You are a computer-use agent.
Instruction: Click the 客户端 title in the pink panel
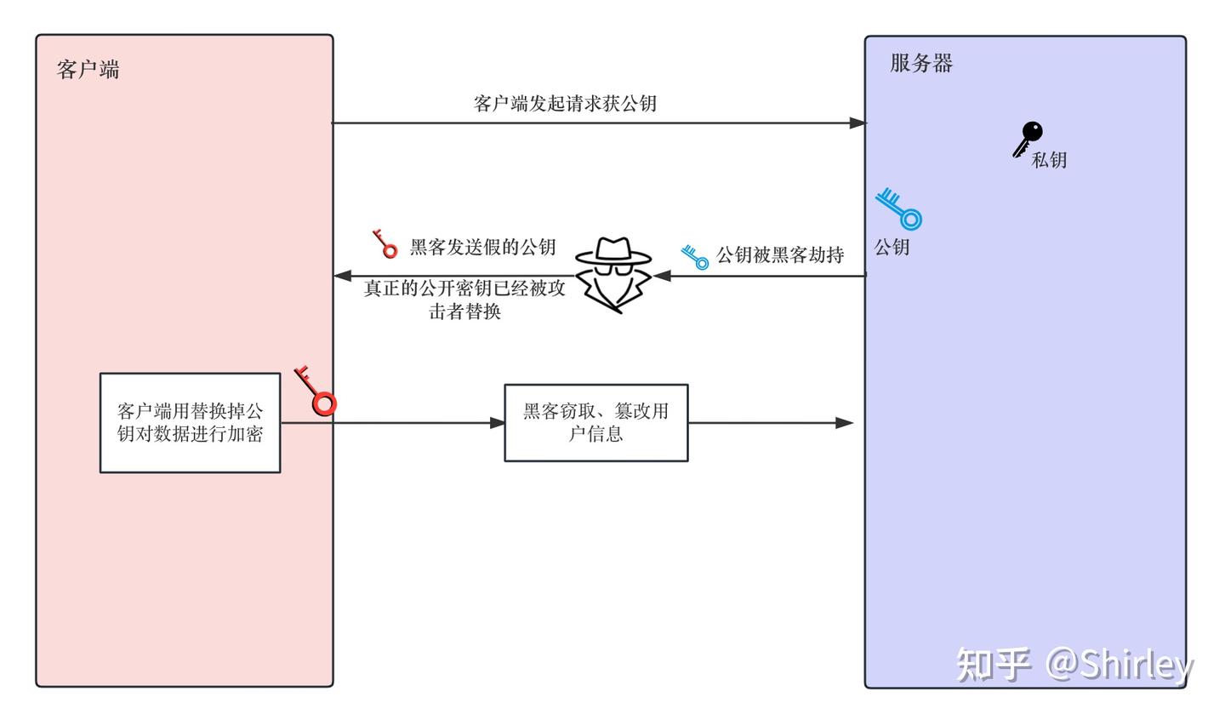(x=88, y=69)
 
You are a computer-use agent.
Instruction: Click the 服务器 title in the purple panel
(x=921, y=63)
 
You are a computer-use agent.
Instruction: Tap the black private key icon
(x=1028, y=139)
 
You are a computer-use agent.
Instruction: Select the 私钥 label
(x=1049, y=160)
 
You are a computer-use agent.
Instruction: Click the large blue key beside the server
(x=899, y=209)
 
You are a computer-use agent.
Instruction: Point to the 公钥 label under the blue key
(x=892, y=247)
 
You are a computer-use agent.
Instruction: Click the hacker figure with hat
(x=612, y=275)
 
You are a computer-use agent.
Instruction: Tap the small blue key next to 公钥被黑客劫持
(x=695, y=257)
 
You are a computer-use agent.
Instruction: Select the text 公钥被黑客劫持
(x=780, y=254)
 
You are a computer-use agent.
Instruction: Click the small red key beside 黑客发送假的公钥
(x=385, y=244)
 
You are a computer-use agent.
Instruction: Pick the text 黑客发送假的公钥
(x=482, y=247)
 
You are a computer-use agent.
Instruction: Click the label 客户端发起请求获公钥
(x=565, y=104)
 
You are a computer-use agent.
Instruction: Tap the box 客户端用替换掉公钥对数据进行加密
(x=190, y=423)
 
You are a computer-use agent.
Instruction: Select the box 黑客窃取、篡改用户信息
(x=595, y=423)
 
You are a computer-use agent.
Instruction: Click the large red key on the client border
(x=316, y=391)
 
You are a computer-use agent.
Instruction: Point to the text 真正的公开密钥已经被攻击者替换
(x=464, y=300)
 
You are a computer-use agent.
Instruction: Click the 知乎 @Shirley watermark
(x=1074, y=664)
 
